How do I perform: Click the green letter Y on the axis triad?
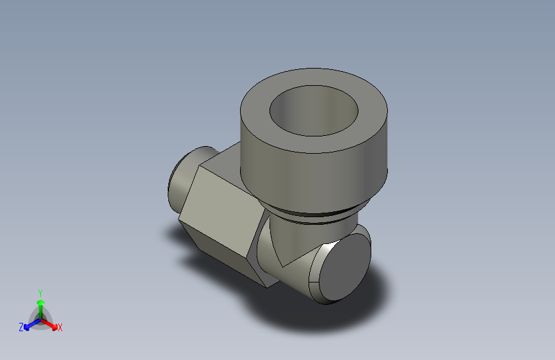[x=40, y=293]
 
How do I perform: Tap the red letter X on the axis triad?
[x=60, y=327]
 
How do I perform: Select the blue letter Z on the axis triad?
[x=21, y=327]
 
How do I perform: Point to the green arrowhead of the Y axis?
[x=40, y=303]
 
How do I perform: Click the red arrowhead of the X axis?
[x=54, y=327]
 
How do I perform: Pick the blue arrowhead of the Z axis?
[x=27, y=327]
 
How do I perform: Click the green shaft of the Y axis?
[x=41, y=312]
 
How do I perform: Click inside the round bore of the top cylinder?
[x=314, y=111]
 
